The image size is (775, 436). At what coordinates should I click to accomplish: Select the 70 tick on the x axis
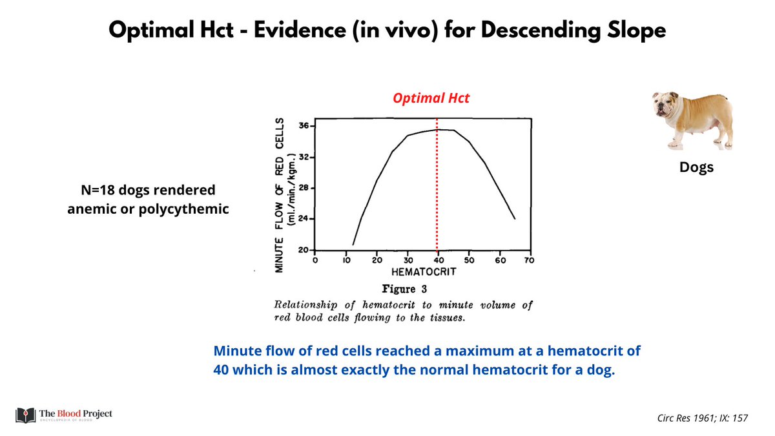530,261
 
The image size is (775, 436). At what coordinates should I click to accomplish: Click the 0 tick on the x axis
315,261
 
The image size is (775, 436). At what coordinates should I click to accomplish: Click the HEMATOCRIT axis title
422,272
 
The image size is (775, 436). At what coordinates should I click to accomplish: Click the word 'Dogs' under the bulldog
696,168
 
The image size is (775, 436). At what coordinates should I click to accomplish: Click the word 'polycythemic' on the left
191,209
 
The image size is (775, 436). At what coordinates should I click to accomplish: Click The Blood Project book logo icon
25,413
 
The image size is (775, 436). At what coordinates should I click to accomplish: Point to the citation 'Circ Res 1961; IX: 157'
699,419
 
